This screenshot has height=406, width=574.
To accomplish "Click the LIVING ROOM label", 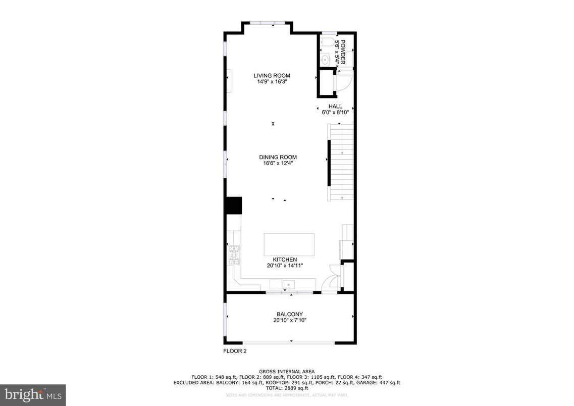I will pos(272,75).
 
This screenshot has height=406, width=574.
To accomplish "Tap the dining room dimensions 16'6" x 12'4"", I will pos(275,163).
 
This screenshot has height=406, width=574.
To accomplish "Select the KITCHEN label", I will pos(285,260).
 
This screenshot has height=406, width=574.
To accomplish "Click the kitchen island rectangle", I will pos(289,244).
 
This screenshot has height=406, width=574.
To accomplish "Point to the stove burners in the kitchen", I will pos(234,255).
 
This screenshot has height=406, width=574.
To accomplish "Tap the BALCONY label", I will pos(290,314).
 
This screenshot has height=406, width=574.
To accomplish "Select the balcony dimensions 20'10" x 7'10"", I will pos(290,320).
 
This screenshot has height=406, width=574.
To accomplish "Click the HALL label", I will pos(335,107).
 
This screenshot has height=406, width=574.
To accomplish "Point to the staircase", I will pos(342,162).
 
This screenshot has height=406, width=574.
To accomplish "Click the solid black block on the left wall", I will pos(234,206).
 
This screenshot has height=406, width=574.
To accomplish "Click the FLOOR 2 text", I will pos(235,350).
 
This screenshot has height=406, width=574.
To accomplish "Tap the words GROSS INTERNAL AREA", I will pos(287,372).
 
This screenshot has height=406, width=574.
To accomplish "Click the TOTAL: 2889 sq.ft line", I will pos(287,388).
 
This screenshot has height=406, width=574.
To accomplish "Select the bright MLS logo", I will pos(33,394).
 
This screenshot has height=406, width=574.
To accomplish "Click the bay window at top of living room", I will pos(268,23).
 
